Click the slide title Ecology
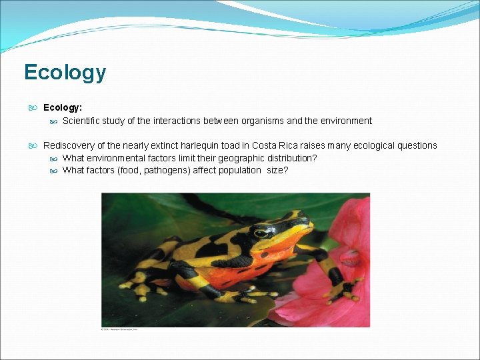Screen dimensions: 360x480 click(x=65, y=72)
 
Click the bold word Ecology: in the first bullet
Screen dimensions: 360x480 click(x=63, y=107)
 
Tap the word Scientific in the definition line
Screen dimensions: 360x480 click(x=83, y=121)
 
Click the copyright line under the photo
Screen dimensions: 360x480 click(x=119, y=329)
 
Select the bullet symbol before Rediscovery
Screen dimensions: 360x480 click(x=33, y=145)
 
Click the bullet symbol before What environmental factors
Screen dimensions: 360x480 click(x=53, y=158)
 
